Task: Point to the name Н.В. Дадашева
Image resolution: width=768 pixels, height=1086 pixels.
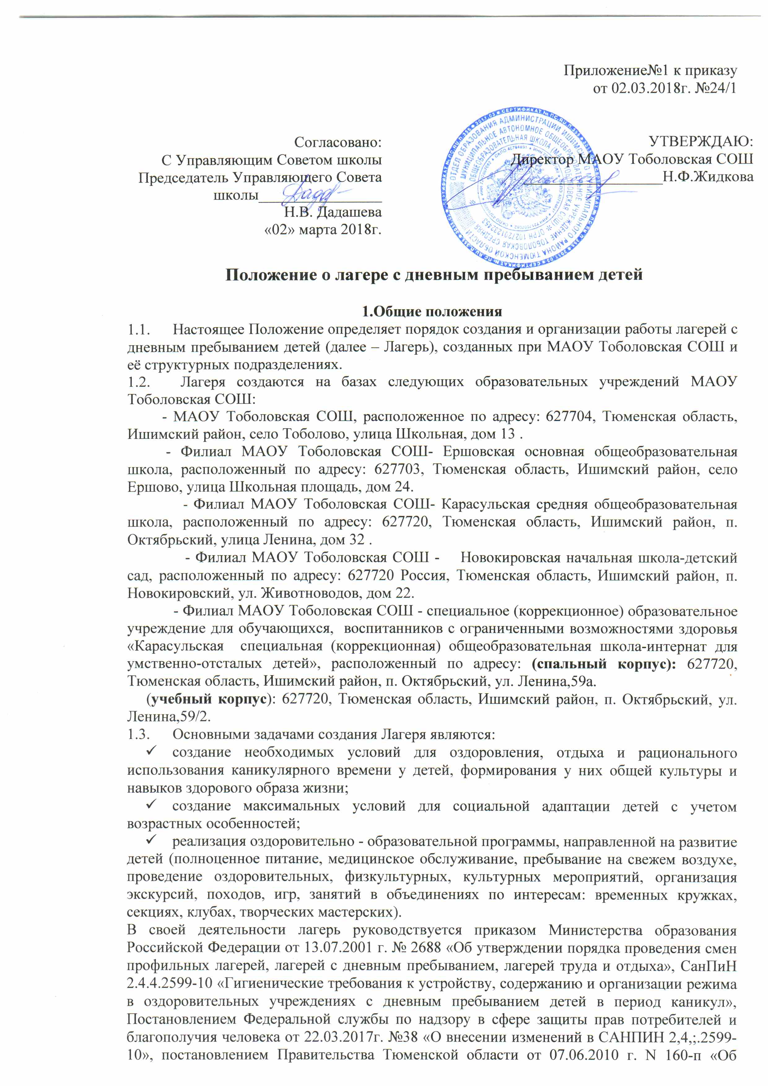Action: coord(336,212)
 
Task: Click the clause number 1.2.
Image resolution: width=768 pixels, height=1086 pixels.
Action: coord(139,382)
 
